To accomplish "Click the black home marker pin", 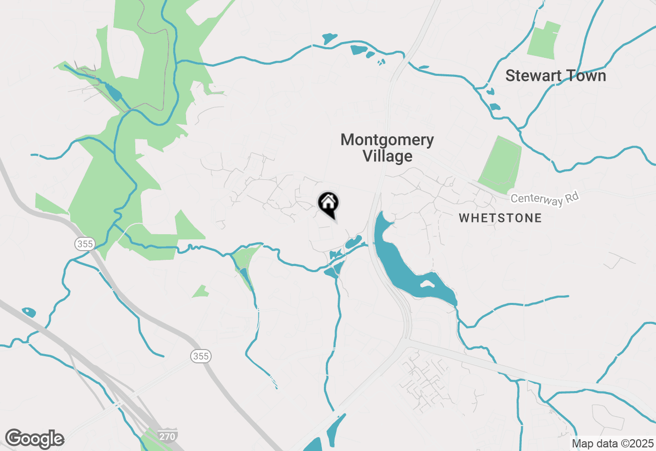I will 328,203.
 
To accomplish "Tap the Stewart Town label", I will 556,76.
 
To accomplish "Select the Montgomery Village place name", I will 387,148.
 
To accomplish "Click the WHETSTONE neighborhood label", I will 500,218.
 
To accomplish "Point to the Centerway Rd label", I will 544,199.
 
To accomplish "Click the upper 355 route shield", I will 85,243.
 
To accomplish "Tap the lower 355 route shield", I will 201,356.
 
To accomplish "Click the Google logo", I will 34,439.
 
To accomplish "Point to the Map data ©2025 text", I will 612,443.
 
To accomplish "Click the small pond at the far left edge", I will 29,312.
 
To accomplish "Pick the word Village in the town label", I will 387,156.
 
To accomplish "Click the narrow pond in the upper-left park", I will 113,92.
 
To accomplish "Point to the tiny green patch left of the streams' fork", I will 200,292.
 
